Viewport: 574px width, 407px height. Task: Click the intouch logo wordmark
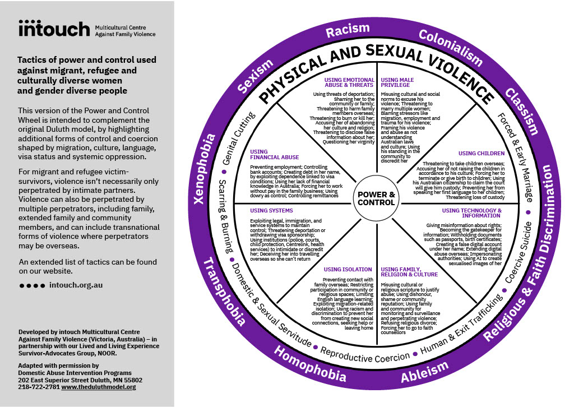coord(54,29)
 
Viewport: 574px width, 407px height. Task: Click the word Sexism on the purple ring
coord(255,76)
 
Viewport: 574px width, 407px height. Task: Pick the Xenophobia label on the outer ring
coord(203,169)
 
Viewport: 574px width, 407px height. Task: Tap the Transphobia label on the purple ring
coord(224,292)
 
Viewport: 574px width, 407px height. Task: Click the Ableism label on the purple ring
coord(425,372)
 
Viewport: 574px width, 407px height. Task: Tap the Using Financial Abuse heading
coord(274,155)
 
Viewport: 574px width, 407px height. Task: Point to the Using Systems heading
coord(271,210)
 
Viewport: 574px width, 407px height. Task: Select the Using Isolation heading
coord(348,270)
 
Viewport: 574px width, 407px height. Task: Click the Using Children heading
coord(482,154)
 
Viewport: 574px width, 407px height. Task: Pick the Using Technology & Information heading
coord(472,213)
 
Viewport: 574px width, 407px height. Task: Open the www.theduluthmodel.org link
coord(99,387)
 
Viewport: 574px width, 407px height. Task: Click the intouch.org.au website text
coord(76,285)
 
